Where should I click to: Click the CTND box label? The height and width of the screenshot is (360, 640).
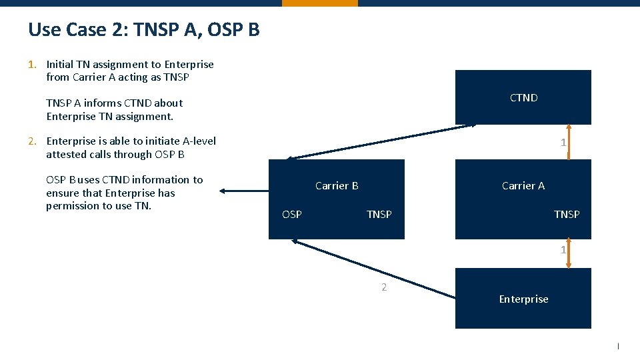[523, 98]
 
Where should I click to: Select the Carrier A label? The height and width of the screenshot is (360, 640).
[523, 186]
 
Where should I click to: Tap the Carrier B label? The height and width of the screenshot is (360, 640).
[337, 186]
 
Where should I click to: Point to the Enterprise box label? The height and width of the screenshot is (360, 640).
[523, 299]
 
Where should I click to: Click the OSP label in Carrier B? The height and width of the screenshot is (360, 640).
[292, 215]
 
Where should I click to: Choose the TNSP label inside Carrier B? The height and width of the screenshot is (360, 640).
[379, 215]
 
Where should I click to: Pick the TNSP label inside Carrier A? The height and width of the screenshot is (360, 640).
[567, 215]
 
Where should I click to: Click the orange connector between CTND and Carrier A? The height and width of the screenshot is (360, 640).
[568, 142]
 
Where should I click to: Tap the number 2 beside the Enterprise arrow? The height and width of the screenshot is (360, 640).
[384, 287]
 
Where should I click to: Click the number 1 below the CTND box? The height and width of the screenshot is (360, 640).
[563, 143]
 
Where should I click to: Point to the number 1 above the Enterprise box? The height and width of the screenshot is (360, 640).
[563, 251]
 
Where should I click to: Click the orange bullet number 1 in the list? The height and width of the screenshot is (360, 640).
[31, 65]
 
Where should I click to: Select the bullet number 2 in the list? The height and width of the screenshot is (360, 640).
[31, 141]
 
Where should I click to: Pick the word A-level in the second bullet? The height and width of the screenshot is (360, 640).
[199, 141]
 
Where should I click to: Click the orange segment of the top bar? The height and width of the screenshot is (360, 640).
[319, 3]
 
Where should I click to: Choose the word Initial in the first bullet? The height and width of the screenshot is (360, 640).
[60, 65]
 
